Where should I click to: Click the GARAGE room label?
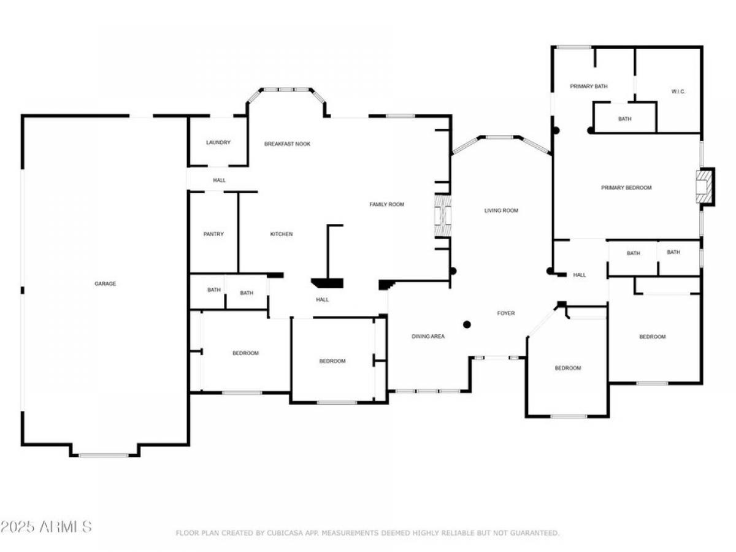105,283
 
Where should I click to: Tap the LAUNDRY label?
218,142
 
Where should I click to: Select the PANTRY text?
213,234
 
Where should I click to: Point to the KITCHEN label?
282,234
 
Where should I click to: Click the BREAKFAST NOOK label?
287,144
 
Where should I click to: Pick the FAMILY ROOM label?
386,204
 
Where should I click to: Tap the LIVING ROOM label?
501,210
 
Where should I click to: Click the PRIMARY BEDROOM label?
626,188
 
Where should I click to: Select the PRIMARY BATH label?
588,86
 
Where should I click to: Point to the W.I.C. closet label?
678,91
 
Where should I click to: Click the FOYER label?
505,313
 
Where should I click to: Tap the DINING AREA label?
428,336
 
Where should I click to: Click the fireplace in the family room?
443,215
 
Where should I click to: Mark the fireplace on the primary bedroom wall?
705,186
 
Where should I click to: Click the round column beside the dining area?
467,324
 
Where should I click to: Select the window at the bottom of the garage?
104,455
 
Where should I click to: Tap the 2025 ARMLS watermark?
46,526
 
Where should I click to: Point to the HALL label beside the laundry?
219,180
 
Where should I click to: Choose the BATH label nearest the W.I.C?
624,118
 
